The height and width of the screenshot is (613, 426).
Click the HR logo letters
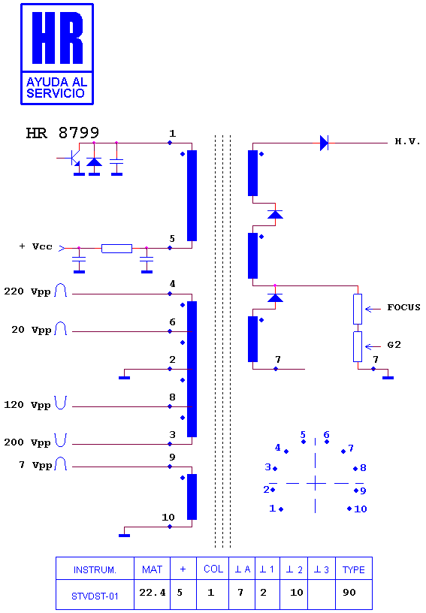click(x=57, y=38)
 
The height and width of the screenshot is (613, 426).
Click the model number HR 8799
click(x=62, y=133)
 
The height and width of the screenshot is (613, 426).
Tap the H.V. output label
click(x=407, y=141)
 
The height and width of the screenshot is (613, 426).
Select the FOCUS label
click(x=403, y=307)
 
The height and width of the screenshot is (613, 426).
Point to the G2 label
click(x=394, y=345)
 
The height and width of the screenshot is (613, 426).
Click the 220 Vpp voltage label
click(x=27, y=291)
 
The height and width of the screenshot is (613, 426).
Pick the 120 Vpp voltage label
click(x=27, y=405)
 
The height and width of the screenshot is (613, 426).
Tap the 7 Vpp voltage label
click(x=35, y=465)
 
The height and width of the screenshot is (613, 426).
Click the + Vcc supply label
click(x=35, y=246)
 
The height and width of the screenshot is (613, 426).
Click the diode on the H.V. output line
click(x=324, y=143)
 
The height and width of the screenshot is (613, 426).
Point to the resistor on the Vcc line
click(x=117, y=248)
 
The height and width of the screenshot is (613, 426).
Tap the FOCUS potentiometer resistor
click(x=358, y=310)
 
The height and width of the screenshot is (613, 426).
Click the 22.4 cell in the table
click(x=153, y=593)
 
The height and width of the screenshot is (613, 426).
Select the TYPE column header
click(x=354, y=570)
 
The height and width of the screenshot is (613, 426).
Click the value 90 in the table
click(x=349, y=593)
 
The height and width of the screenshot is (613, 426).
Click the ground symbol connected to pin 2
click(x=124, y=378)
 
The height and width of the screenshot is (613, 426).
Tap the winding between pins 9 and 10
click(x=192, y=497)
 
